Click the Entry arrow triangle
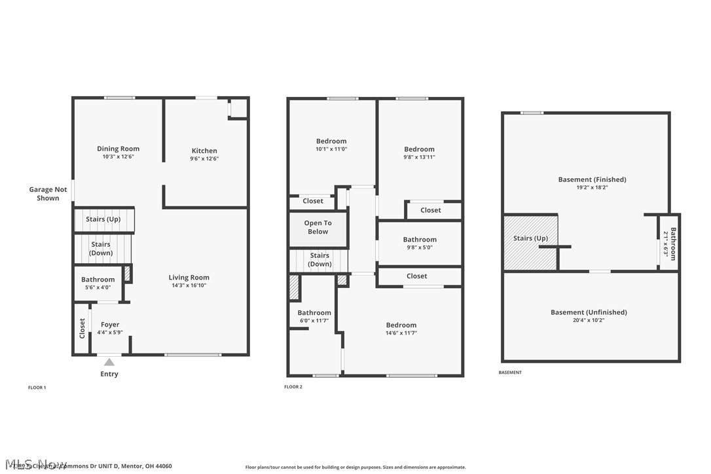(109, 361)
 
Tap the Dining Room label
(118, 149)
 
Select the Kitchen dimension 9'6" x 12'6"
(204, 158)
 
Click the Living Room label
(189, 278)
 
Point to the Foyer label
(110, 325)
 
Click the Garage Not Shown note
(48, 194)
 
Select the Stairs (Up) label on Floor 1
(103, 219)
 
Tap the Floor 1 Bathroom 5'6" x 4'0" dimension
(98, 287)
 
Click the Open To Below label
(318, 227)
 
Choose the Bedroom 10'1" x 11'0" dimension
(331, 149)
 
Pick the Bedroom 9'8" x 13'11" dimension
(419, 157)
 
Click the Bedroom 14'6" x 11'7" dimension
(401, 333)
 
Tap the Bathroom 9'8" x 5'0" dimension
(420, 247)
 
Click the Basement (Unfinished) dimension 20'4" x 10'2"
(589, 320)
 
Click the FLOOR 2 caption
(293, 387)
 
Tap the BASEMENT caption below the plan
(510, 373)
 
